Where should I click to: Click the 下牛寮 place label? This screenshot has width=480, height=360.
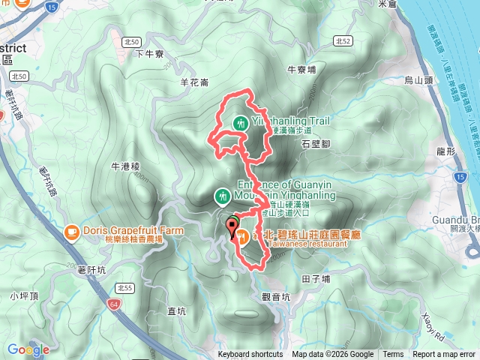(x=150, y=54)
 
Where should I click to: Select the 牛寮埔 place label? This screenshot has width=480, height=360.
(x=302, y=69)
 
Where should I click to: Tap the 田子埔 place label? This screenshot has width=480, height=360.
(x=316, y=278)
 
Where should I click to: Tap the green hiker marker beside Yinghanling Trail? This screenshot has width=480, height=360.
(x=241, y=122)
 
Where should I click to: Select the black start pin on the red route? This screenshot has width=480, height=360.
(x=230, y=226)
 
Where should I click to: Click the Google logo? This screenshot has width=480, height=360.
(x=28, y=349)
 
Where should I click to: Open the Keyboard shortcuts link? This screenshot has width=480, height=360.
(x=250, y=355)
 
